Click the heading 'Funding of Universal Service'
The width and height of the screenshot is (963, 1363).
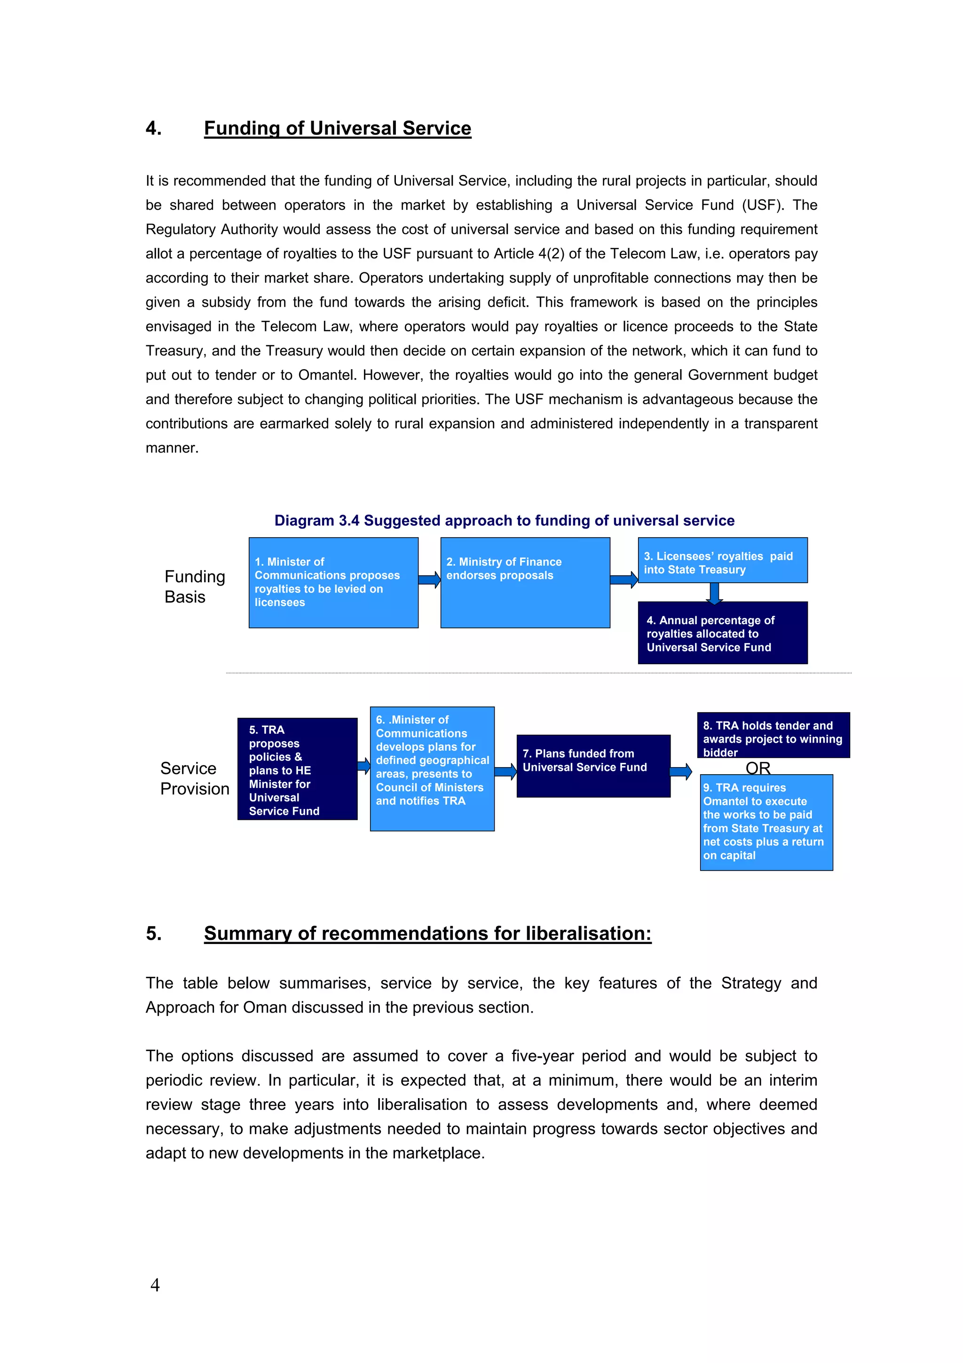337,128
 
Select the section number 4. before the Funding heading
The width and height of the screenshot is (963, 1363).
154,128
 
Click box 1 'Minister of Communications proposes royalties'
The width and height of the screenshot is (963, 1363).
333,582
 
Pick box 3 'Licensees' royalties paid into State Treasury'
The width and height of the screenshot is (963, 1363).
722,561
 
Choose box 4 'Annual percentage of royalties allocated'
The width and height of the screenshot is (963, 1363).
722,633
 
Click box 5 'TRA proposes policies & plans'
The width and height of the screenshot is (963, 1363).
297,769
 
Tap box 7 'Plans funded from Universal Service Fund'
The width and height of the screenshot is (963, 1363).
593,766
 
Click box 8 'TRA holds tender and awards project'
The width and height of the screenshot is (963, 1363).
773,735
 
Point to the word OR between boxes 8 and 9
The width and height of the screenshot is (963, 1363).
758,768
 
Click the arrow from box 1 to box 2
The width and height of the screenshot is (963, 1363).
429,579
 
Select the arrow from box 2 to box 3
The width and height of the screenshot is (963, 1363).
624,579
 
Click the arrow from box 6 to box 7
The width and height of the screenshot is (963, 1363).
505,772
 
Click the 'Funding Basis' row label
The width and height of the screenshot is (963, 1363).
194,586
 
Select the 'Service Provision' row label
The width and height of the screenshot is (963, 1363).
194,778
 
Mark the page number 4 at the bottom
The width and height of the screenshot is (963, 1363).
155,1284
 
